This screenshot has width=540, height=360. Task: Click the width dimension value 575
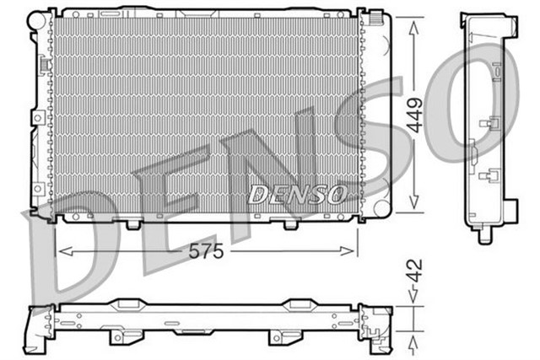205,251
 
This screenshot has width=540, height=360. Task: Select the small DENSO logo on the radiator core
297,195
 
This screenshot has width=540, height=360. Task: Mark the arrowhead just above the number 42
413,296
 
